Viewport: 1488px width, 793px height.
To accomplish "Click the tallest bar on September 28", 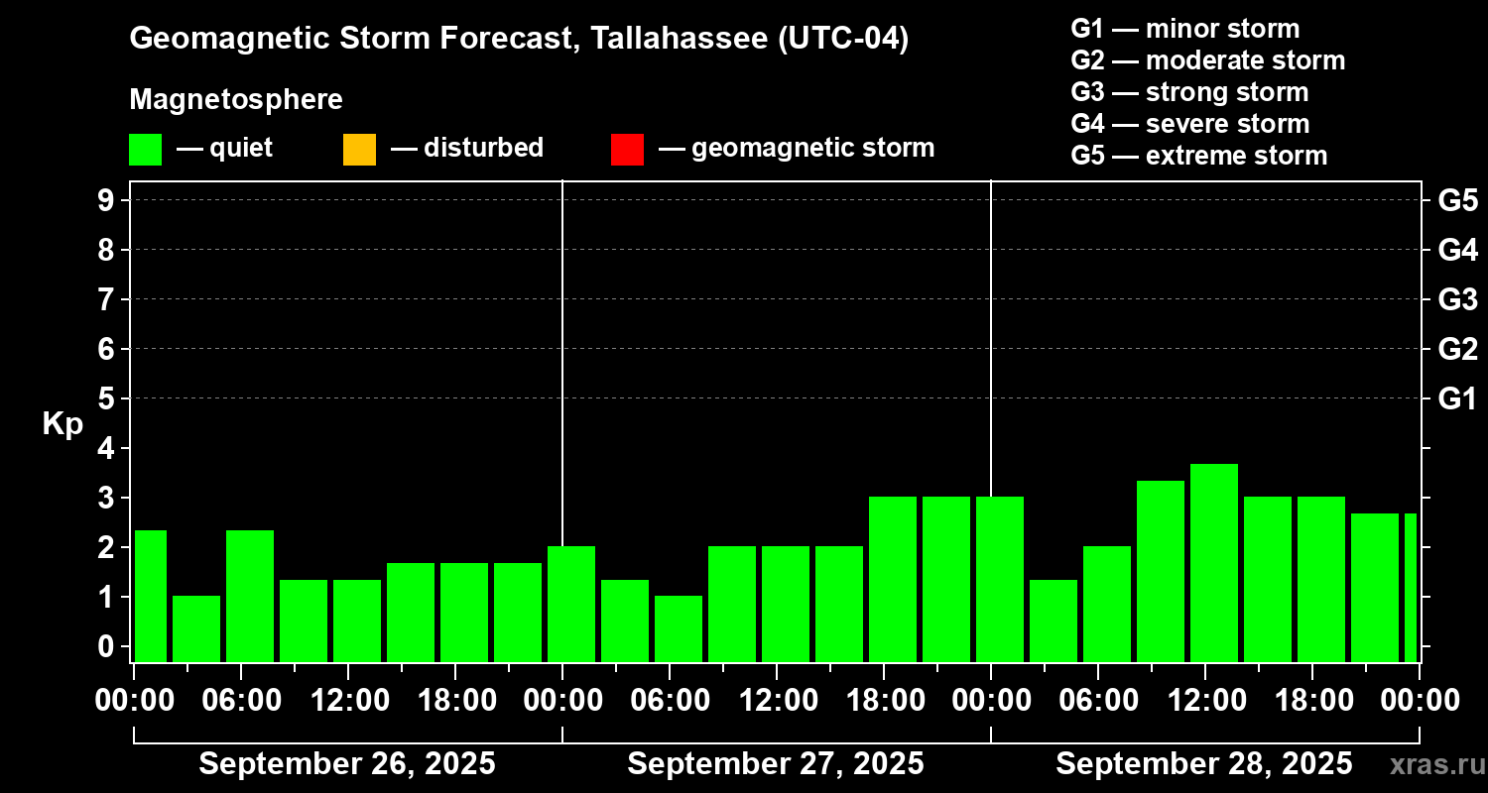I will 1214,562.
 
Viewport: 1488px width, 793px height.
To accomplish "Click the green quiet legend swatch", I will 145,149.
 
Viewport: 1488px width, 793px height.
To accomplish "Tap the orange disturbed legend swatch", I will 359,149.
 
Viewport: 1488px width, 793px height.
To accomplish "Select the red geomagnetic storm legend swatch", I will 627,149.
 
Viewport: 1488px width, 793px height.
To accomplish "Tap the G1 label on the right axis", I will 1457,398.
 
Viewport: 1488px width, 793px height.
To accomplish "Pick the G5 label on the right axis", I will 1457,200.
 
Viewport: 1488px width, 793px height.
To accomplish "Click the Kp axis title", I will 62,424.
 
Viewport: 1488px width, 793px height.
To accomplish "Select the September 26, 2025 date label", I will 347,764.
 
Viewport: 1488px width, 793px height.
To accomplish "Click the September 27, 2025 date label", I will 776,764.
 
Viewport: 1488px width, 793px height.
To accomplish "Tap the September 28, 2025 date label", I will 1203,764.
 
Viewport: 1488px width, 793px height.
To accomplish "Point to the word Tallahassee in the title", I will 670,39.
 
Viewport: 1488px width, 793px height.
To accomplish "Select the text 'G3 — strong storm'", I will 1189,92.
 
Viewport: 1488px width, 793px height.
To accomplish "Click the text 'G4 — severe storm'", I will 1189,124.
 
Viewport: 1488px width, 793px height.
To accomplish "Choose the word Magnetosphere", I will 236,100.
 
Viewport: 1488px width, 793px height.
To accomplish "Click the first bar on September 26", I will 151,596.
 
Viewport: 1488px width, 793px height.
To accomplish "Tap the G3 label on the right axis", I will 1457,299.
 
